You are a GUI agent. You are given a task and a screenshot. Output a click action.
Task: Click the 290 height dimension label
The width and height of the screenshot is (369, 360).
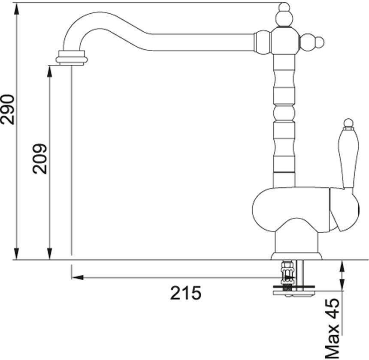coord(8,110)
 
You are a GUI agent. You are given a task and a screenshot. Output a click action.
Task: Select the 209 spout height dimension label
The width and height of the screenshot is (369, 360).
coord(39,159)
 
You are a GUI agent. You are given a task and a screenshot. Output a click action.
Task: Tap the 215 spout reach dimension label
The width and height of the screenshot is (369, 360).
coord(186,293)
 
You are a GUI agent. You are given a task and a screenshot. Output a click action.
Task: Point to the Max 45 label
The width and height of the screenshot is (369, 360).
coord(333,329)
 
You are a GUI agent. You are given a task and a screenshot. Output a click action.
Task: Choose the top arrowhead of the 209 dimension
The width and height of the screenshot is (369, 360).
coord(49,72)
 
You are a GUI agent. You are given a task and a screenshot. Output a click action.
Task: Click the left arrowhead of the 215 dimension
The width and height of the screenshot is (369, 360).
coord(78,278)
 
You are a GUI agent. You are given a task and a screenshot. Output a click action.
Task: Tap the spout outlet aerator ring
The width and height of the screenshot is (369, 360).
coord(72,57)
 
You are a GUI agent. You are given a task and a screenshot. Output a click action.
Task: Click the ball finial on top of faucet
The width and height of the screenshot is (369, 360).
coord(284,16)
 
